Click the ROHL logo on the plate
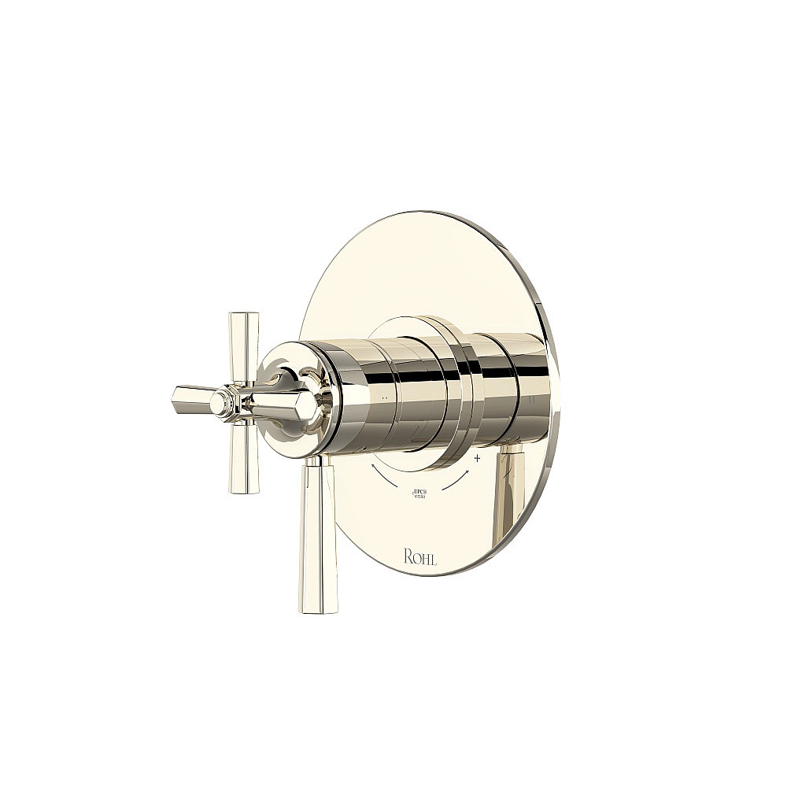point(420,557)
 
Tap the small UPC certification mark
point(419,494)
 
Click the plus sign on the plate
point(477,457)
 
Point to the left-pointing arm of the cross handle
point(193,399)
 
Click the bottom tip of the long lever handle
point(318,606)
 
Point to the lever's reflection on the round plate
point(508,492)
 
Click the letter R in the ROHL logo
point(408,557)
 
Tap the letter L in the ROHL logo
point(434,558)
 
